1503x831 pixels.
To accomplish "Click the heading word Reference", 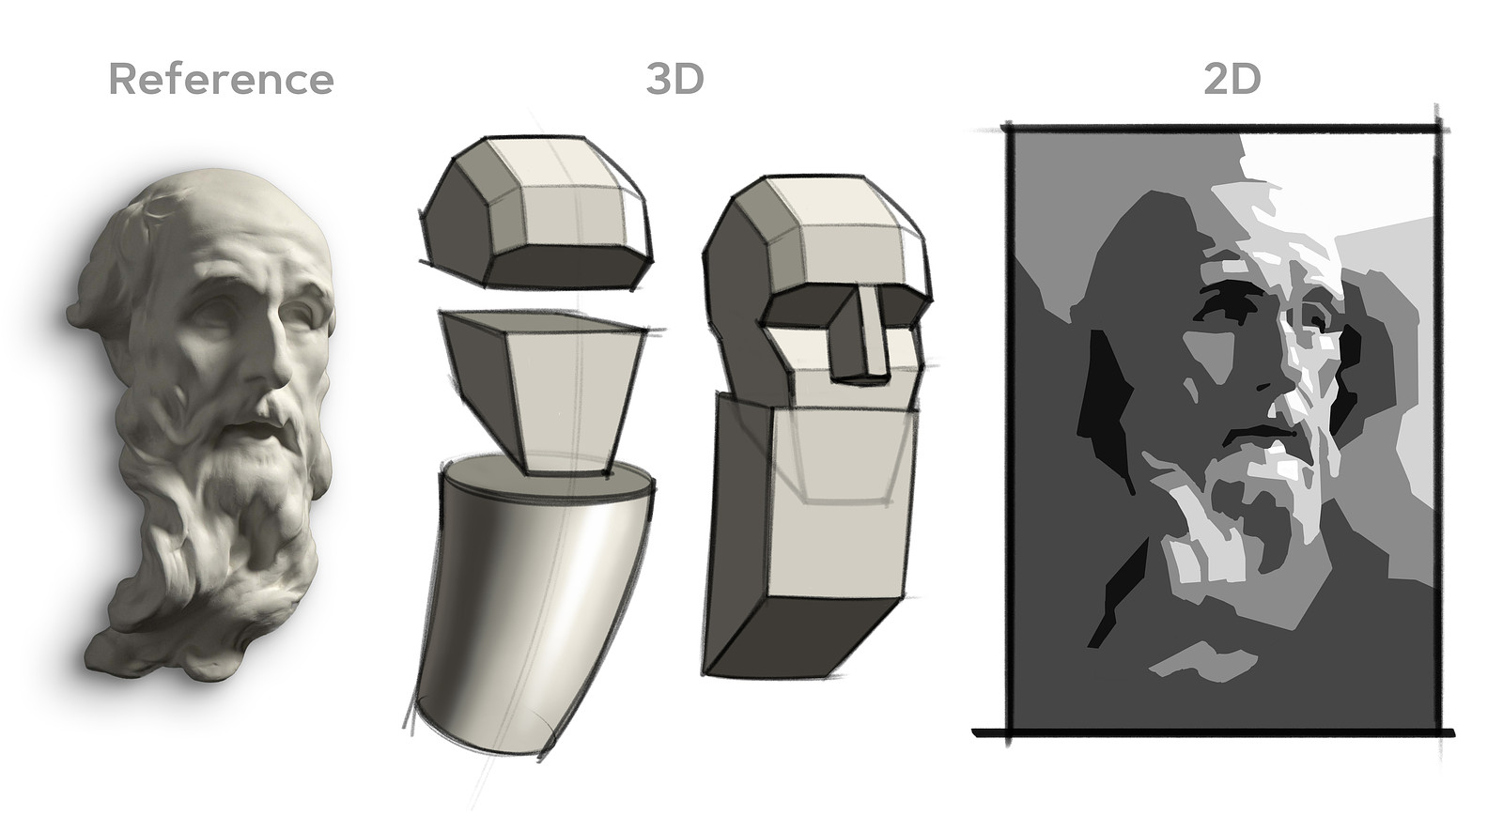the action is click(221, 79).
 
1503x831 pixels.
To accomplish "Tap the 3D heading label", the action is click(674, 79).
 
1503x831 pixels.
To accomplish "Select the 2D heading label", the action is click(1232, 79).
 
